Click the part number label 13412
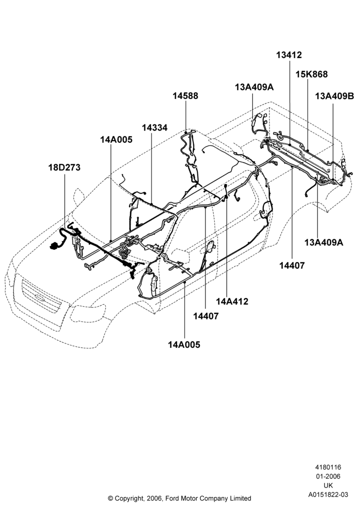pos(289,55)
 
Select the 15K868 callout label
pos(311,74)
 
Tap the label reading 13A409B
pos(335,96)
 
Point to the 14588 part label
pos(185,96)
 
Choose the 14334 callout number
pos(155,128)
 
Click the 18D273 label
pos(64,168)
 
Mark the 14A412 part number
pos(232,301)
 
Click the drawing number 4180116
pos(328,467)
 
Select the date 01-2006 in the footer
pos(328,477)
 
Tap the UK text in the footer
pos(328,485)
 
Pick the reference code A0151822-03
pos(328,494)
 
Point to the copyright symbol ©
pos(110,498)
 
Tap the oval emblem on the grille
pos(40,298)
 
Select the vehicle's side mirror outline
pos(79,196)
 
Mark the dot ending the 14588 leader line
pos(186,133)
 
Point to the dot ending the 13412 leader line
pos(289,144)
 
